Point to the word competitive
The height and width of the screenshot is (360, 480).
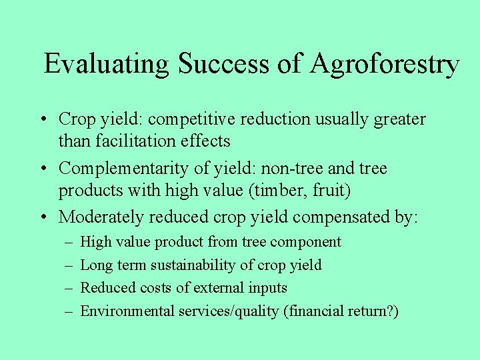pos(185,119)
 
